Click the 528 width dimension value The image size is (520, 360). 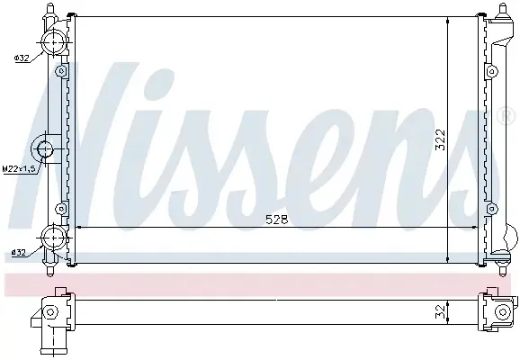[276, 220]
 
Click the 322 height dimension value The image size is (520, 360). [441, 139]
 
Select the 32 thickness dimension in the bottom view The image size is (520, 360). [441, 312]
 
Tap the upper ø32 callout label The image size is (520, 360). [22, 58]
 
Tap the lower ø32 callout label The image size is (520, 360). [19, 253]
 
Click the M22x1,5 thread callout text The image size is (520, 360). [19, 169]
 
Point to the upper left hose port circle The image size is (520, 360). [53, 42]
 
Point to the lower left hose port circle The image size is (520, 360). [53, 237]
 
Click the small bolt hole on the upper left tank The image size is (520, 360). [60, 71]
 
